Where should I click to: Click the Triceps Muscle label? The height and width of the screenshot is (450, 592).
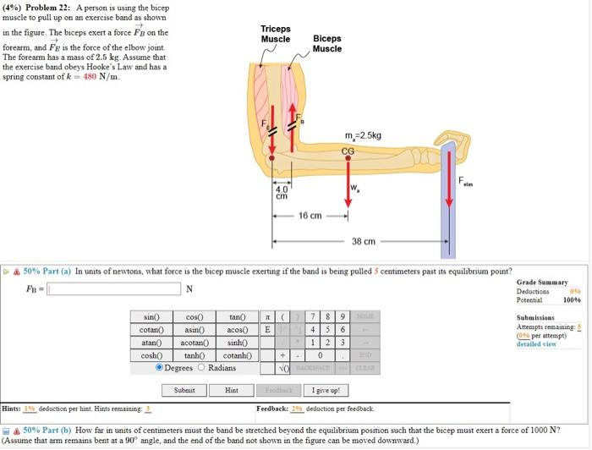(275, 34)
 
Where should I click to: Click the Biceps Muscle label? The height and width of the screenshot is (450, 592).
(326, 43)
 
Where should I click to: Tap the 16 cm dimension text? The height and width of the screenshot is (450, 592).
(310, 216)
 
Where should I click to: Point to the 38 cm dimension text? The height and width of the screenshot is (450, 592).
(364, 241)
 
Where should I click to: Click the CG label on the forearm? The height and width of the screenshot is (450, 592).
(348, 151)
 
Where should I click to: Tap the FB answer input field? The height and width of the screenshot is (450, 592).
(114, 289)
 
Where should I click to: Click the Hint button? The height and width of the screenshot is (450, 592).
(232, 391)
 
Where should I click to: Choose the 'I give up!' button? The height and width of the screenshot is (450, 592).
(326, 391)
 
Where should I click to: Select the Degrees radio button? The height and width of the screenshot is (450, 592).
(161, 368)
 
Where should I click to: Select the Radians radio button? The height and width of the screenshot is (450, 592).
(201, 368)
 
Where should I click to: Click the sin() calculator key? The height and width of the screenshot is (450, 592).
(152, 317)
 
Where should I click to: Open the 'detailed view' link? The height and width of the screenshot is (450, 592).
(536, 344)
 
